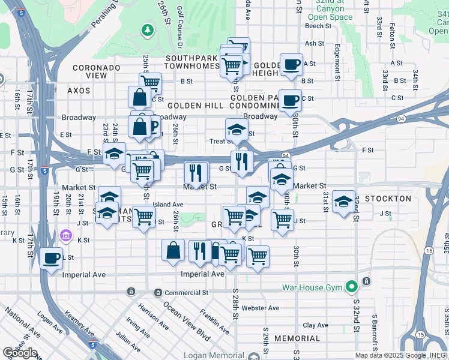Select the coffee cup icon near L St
click(x=52, y=259)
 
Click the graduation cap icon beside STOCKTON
click(x=343, y=202)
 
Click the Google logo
click(x=20, y=352)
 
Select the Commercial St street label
click(x=186, y=293)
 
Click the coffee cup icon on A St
click(x=291, y=64)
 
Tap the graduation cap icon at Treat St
click(x=237, y=130)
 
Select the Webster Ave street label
click(x=261, y=308)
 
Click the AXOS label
click(x=79, y=91)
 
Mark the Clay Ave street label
click(x=315, y=325)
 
